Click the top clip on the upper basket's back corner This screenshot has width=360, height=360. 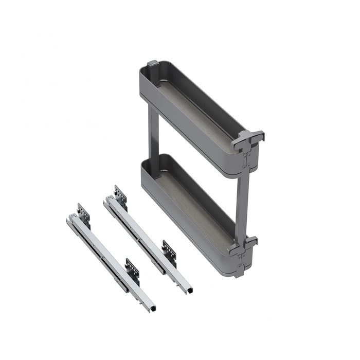[x=153, y=64]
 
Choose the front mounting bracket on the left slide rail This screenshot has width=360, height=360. [x=133, y=269]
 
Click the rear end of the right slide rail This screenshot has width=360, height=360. [x=106, y=200]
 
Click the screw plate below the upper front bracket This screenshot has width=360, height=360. [x=247, y=160]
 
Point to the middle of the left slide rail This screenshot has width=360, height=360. [x=111, y=262]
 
